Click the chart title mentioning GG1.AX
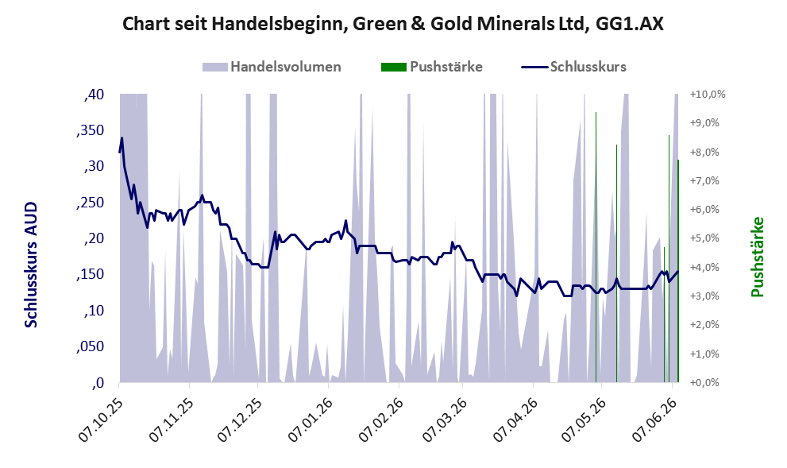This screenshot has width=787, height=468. click(x=393, y=24)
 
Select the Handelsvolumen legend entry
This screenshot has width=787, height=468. click(x=272, y=67)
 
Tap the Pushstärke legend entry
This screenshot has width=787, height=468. click(x=432, y=67)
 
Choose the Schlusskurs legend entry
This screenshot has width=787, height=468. click(x=573, y=67)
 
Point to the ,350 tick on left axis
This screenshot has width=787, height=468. click(x=90, y=130)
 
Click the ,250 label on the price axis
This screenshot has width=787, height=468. click(x=90, y=203)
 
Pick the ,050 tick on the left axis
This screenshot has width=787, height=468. click(x=90, y=347)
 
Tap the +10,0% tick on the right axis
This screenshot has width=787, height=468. click(x=708, y=95)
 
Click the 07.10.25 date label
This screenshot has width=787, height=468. click(x=102, y=420)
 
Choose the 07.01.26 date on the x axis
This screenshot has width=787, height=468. click(x=311, y=420)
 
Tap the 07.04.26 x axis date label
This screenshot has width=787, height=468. click(x=515, y=420)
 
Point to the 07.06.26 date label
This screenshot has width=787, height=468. click(x=654, y=420)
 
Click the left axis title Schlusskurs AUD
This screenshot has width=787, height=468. click(x=31, y=265)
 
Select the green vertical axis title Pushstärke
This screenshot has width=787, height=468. click(x=758, y=257)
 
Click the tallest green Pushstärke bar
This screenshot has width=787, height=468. click(x=596, y=247)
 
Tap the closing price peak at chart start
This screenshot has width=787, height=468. click(x=122, y=138)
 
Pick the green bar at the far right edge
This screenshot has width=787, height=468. click(x=678, y=271)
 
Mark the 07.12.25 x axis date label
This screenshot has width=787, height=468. click(x=240, y=420)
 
